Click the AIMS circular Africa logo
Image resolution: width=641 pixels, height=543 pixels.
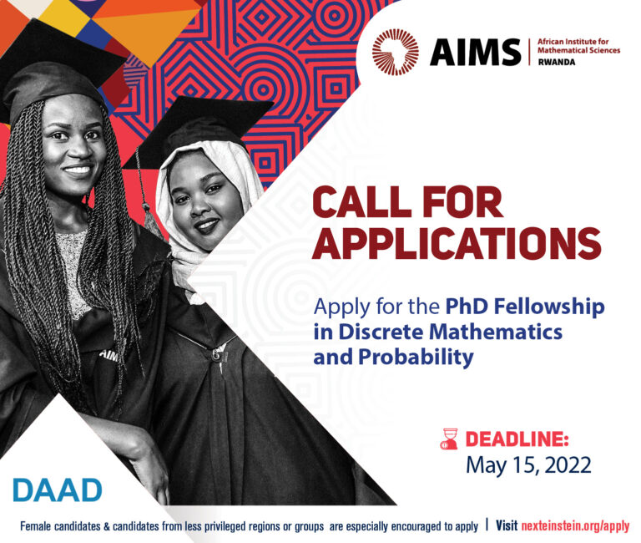pyautogui.click(x=396, y=52)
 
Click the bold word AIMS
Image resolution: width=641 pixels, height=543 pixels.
pyautogui.click(x=475, y=53)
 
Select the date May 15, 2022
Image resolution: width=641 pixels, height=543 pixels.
pyautogui.click(x=527, y=466)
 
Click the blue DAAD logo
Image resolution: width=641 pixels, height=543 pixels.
pyautogui.click(x=57, y=490)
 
